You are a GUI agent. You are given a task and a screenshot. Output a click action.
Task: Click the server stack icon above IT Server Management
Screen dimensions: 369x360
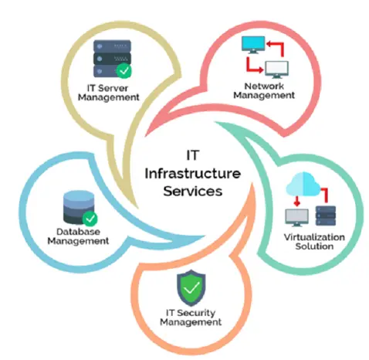pyautogui.click(x=112, y=59)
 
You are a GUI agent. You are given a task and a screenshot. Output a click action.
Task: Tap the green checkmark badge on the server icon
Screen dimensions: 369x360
pyautogui.click(x=124, y=70)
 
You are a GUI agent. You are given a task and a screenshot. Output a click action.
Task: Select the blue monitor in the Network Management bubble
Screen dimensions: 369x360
pyautogui.click(x=253, y=45)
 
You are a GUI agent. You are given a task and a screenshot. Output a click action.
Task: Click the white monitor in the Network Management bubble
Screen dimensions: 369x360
pyautogui.click(x=277, y=70)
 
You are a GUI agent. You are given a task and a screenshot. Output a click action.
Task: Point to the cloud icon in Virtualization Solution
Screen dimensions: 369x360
pyautogui.click(x=303, y=185)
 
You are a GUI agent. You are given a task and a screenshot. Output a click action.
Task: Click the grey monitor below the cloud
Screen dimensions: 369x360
pyautogui.click(x=296, y=218)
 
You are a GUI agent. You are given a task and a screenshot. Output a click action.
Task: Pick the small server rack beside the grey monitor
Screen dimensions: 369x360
pyautogui.click(x=326, y=216)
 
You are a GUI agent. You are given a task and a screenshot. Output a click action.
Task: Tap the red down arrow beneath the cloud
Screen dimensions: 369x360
pyautogui.click(x=297, y=202)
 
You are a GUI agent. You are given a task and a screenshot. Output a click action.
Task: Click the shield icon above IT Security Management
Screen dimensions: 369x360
pyautogui.click(x=191, y=288)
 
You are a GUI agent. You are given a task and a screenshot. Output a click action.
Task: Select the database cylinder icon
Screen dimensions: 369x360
pyautogui.click(x=79, y=208)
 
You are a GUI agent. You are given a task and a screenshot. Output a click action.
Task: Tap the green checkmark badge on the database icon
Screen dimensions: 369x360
pyautogui.click(x=90, y=219)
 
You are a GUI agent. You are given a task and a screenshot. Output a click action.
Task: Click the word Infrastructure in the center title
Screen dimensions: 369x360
pyautogui.click(x=192, y=173)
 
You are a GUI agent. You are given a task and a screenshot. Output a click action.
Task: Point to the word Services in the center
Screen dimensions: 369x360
pyautogui.click(x=193, y=191)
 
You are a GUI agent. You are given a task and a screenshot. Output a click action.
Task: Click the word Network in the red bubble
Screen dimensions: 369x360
pyautogui.click(x=264, y=86)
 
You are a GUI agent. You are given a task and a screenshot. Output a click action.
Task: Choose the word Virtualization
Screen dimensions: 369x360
pyautogui.click(x=314, y=237)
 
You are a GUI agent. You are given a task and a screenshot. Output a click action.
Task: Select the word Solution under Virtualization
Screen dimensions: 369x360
pyautogui.click(x=314, y=246)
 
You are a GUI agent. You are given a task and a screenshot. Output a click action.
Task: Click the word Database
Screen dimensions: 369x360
pyautogui.click(x=78, y=232)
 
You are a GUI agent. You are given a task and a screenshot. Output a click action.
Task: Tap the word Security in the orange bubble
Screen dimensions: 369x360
pyautogui.click(x=196, y=313)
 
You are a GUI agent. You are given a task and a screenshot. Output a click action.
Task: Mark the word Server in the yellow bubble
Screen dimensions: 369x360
pyautogui.click(x=113, y=88)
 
